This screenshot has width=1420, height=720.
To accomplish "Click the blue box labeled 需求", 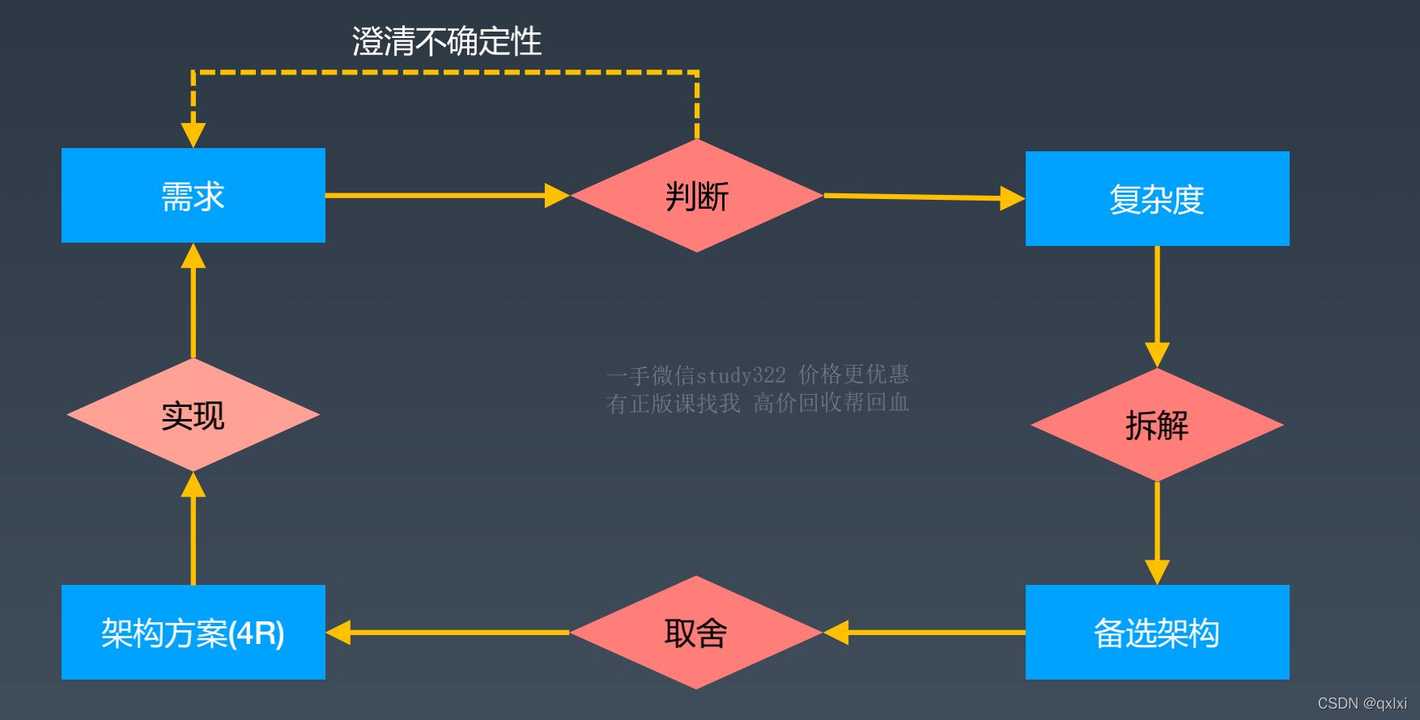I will [193, 195].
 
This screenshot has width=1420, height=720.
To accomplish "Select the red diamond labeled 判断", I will [696, 196].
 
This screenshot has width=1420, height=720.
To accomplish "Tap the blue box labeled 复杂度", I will [1157, 199].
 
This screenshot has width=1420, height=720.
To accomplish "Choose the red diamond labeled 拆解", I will [1157, 425].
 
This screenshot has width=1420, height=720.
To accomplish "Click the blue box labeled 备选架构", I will [1157, 633].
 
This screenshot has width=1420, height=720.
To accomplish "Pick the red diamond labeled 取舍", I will [695, 633].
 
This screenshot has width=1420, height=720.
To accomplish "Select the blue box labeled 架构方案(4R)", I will [193, 633].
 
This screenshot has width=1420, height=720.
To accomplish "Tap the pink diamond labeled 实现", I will [193, 415].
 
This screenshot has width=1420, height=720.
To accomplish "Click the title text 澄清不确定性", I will [447, 41].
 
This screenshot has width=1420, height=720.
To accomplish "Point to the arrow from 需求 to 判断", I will [445, 195].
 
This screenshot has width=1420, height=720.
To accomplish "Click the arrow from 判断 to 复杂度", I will [923, 197].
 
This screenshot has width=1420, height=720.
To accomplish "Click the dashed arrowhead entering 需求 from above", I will [193, 134].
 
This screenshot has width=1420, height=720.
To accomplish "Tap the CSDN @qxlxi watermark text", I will [1362, 703].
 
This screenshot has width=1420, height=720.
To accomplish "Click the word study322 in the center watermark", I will [741, 375].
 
